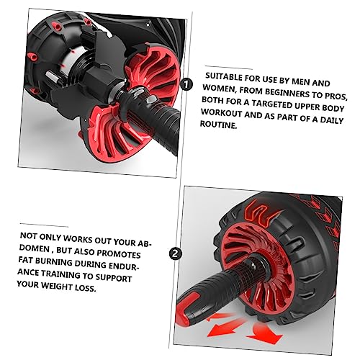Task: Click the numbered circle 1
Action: click(186, 84)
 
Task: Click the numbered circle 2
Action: click(176, 253)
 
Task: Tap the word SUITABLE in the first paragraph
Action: click(224, 77)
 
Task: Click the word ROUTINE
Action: click(218, 125)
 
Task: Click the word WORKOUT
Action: click(221, 112)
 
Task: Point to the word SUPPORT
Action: click(114, 278)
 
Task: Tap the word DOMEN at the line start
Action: click(34, 248)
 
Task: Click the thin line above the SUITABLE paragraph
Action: click(228, 68)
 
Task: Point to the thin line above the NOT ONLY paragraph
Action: click(44, 225)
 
